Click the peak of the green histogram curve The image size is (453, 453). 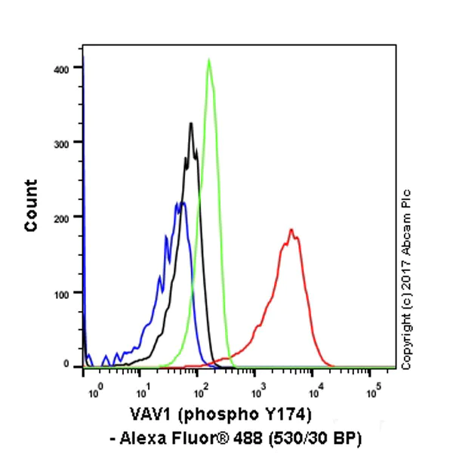pos(209,60)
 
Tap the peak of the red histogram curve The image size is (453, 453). pos(291,230)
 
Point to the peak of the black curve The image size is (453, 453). pos(191,124)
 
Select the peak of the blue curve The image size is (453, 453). pos(181,202)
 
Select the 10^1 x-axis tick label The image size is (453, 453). pos(142,392)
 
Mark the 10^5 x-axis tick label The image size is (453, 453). pos(372,392)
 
